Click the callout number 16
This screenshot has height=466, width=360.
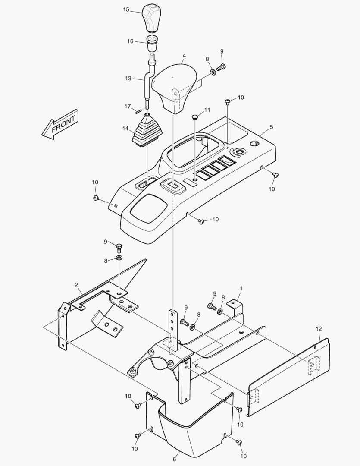pyautogui.click(x=130, y=41)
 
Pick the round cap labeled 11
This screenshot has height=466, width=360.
pyautogui.click(x=195, y=116)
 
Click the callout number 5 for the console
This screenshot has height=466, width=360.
pyautogui.click(x=271, y=127)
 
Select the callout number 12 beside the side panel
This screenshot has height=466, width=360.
pyautogui.click(x=319, y=329)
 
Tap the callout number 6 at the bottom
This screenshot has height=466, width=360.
pyautogui.click(x=174, y=459)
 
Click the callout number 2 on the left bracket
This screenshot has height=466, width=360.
pyautogui.click(x=76, y=285)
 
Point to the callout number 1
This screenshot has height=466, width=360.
pyautogui.click(x=241, y=288)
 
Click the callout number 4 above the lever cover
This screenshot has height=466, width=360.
pyautogui.click(x=184, y=56)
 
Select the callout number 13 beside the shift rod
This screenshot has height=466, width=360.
pyautogui.click(x=128, y=79)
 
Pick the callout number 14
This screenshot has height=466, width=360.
pyautogui.click(x=125, y=128)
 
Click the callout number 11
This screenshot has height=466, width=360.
pyautogui.click(x=207, y=110)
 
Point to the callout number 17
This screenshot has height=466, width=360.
pyautogui.click(x=127, y=106)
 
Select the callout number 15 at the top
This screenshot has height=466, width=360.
pyautogui.click(x=126, y=9)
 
